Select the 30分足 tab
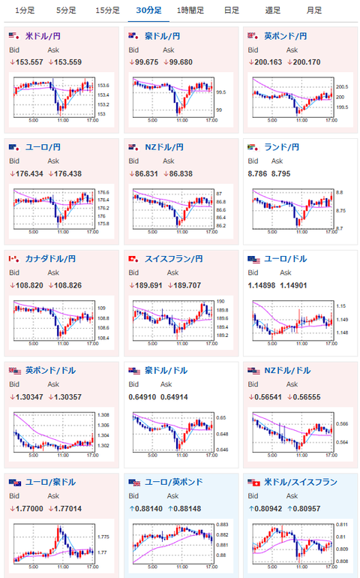click(x=148, y=11)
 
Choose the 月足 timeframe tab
click(x=314, y=11)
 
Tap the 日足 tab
click(x=232, y=11)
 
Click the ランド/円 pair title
click(x=282, y=147)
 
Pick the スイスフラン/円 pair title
click(x=174, y=259)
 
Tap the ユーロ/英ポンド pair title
click(x=172, y=481)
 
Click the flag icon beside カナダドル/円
click(x=13, y=259)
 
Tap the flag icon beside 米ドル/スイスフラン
click(x=253, y=481)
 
